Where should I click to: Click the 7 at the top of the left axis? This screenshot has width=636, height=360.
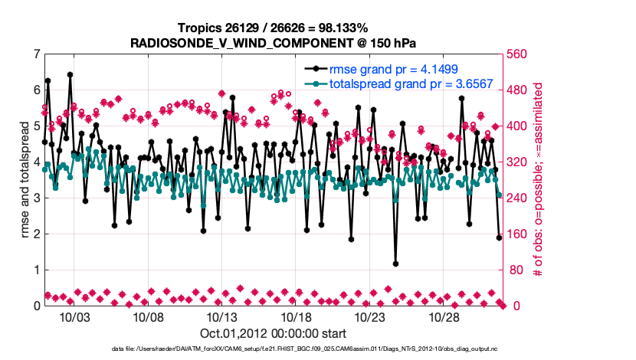tap(37, 54)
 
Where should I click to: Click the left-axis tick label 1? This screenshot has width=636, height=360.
tap(37, 270)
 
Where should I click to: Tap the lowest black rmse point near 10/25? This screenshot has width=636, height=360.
tap(395, 263)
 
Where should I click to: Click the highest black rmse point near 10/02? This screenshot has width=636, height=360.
tap(70, 75)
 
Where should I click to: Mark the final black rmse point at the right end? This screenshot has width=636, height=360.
tap(499, 237)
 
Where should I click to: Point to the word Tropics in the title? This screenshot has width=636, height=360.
tap(197, 28)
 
